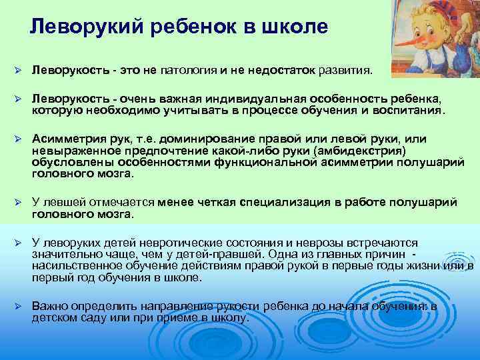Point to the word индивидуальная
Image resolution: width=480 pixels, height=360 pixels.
coord(260,99)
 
